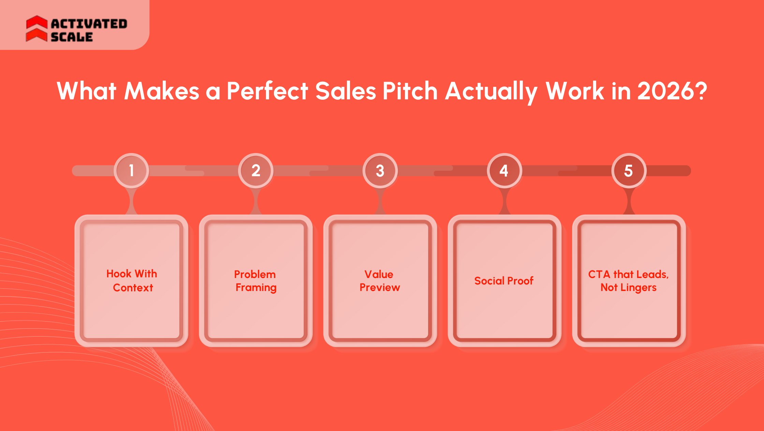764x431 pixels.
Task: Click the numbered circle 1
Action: coord(131,170)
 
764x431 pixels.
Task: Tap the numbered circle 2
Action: coord(256,170)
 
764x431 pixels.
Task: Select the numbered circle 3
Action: coord(380,170)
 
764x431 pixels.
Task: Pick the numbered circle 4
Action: coord(504,170)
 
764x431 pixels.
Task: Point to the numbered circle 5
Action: coord(629,170)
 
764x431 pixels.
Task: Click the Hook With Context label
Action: coord(132,281)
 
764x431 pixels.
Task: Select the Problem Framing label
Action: coord(255,281)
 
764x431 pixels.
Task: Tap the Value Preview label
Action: coord(379,281)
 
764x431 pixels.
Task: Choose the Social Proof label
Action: coord(504,281)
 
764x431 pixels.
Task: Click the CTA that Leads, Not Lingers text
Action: coord(628,281)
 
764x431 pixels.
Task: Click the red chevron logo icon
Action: coord(36,29)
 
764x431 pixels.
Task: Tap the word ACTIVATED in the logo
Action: coord(89,24)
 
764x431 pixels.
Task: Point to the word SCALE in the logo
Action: coord(72,37)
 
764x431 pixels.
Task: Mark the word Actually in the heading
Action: coord(491,92)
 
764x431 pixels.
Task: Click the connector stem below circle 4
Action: coord(504,201)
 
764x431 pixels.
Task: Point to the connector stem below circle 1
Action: coord(131,201)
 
